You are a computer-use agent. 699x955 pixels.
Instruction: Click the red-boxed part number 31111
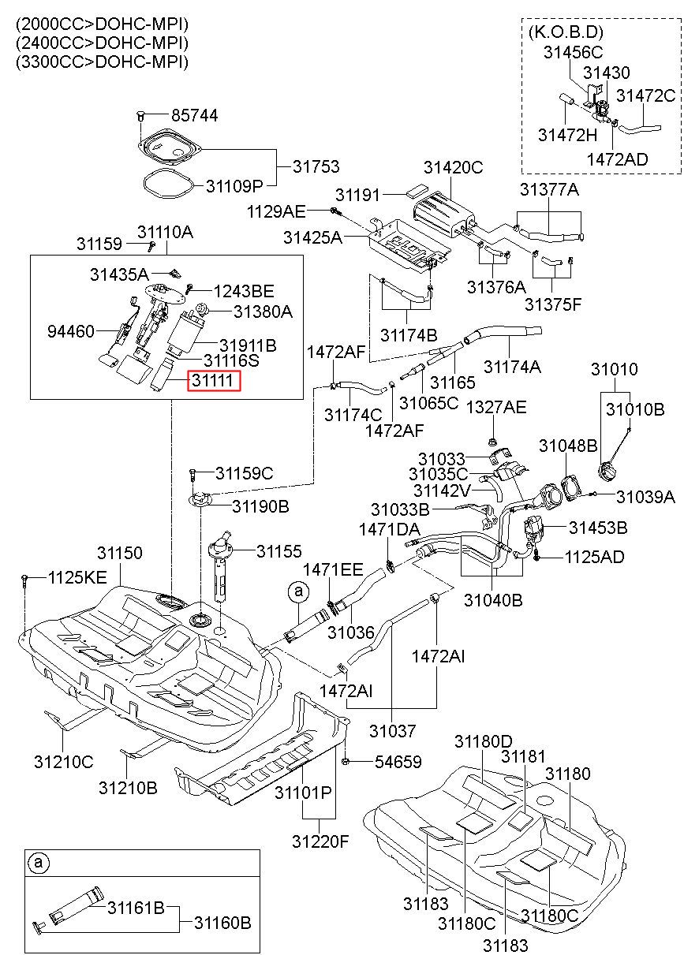pyautogui.click(x=212, y=380)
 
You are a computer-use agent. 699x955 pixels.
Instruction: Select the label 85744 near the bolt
pyautogui.click(x=195, y=116)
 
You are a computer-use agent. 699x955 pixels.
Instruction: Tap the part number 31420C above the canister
pyautogui.click(x=453, y=167)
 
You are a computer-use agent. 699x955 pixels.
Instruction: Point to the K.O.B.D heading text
pyautogui.click(x=566, y=32)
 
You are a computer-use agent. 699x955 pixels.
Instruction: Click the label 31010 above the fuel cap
pyautogui.click(x=614, y=369)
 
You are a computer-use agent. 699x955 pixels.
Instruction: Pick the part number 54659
pyautogui.click(x=398, y=762)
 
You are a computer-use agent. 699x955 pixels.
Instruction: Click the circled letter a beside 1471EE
pyautogui.click(x=298, y=591)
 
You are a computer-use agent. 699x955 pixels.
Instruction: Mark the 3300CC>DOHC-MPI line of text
pyautogui.click(x=102, y=62)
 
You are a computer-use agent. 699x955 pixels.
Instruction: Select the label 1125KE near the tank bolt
pyautogui.click(x=77, y=578)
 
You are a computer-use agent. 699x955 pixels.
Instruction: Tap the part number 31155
pyautogui.click(x=278, y=551)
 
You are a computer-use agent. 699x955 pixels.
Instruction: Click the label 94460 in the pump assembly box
pyautogui.click(x=70, y=331)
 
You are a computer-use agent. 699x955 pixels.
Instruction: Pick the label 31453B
pyautogui.click(x=598, y=528)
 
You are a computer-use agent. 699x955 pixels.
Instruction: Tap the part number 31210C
pyautogui.click(x=64, y=762)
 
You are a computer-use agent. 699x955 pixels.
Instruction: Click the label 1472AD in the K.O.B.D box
pyautogui.click(x=617, y=159)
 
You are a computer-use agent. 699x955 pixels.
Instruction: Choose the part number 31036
pyautogui.click(x=350, y=632)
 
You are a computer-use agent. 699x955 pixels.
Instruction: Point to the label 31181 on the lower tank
pyautogui.click(x=523, y=757)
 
